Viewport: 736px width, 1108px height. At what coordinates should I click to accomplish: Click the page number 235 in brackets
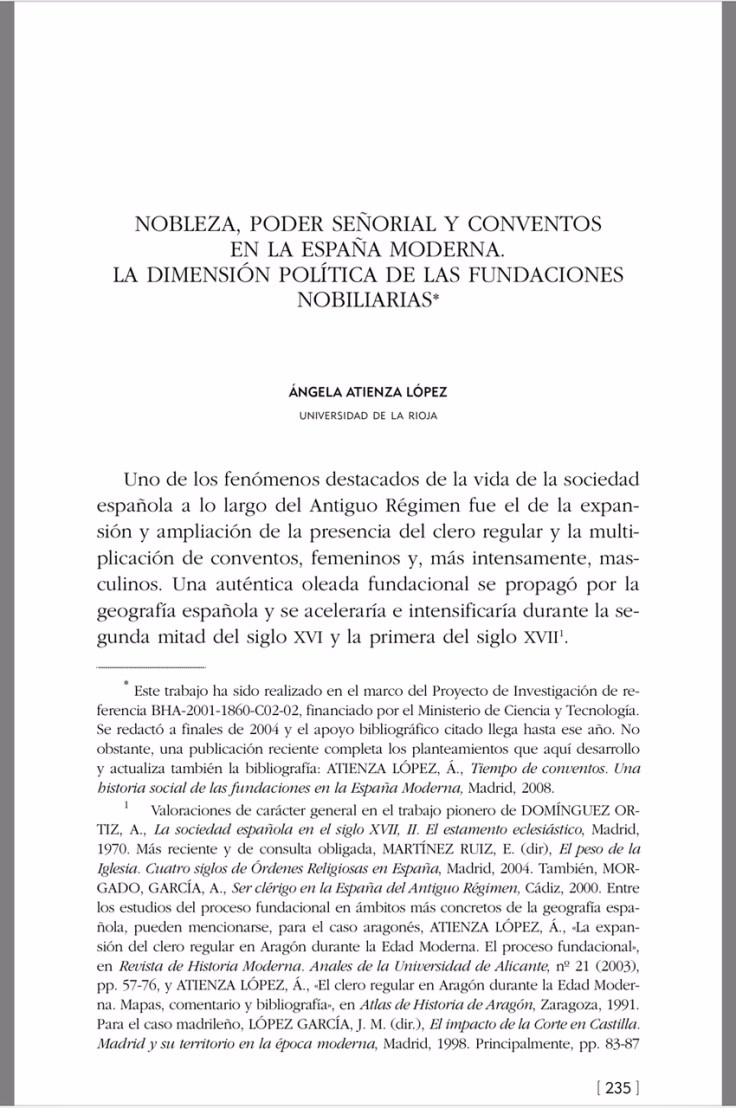(617, 1087)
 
